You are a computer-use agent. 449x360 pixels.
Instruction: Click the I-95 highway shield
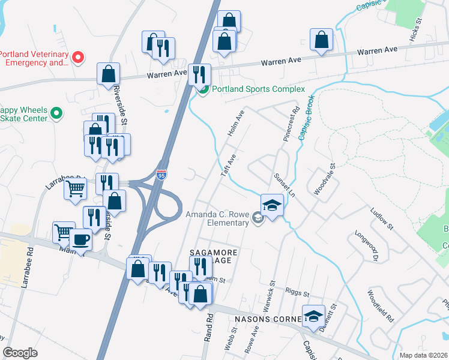[x=161, y=175]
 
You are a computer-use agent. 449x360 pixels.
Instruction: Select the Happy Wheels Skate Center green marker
[x=56, y=113]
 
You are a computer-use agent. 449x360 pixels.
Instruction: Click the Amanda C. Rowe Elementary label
[x=217, y=219]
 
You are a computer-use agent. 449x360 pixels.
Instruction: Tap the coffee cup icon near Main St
[x=80, y=240]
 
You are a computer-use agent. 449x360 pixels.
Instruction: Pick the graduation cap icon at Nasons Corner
[x=313, y=316]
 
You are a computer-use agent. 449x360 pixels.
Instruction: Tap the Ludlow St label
[x=381, y=219]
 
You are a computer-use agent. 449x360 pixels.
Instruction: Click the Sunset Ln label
[x=285, y=185]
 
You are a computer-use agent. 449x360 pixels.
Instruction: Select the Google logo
[x=20, y=353]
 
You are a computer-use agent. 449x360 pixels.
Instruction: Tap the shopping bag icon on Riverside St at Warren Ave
[x=109, y=74]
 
